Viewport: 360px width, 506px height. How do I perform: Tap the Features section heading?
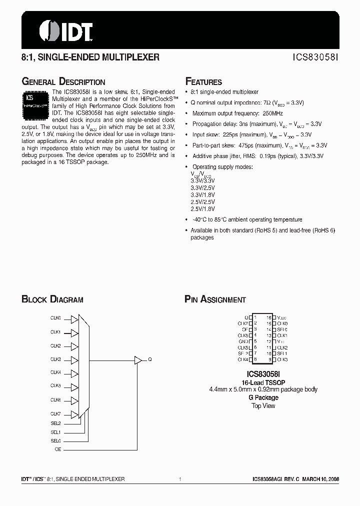(x=203, y=82)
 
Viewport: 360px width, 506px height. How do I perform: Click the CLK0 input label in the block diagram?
(x=55, y=318)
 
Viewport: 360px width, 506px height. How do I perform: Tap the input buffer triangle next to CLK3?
(x=74, y=360)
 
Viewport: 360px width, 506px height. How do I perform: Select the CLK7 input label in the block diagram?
(x=55, y=413)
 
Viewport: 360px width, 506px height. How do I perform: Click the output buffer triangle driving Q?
(x=137, y=359)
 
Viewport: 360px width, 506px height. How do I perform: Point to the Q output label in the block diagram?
(x=149, y=359)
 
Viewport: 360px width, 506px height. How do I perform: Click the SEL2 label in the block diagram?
(x=55, y=423)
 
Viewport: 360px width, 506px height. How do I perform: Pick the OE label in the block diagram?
(x=57, y=449)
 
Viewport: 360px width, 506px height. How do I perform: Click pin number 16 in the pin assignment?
(x=268, y=317)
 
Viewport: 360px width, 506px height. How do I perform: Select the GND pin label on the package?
(x=243, y=341)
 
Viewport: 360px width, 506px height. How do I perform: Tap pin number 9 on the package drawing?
(x=269, y=359)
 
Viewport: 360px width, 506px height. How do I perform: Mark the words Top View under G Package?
(x=263, y=405)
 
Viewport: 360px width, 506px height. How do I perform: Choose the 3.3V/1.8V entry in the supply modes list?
(x=203, y=194)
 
